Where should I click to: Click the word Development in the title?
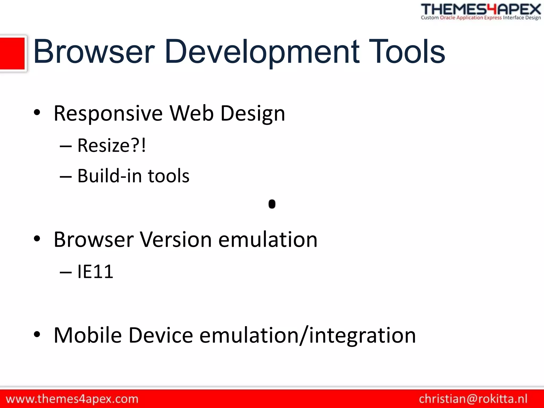pos(262,52)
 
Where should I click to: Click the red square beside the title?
pos(12,53)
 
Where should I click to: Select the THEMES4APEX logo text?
pos(481,10)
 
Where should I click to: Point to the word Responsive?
pos(108,114)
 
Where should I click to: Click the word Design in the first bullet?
pos(253,114)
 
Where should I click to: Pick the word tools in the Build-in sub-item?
pos(168,176)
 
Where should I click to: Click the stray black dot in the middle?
pos(272,204)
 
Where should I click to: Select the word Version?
pos(176,240)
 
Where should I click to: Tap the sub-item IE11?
pos(95,271)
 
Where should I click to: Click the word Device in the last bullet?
pos(160,335)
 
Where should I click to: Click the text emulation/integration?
pos(307,335)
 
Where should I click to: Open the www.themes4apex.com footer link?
pos(72,399)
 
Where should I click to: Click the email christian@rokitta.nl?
pos(473,399)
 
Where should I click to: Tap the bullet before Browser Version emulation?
pos(37,239)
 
